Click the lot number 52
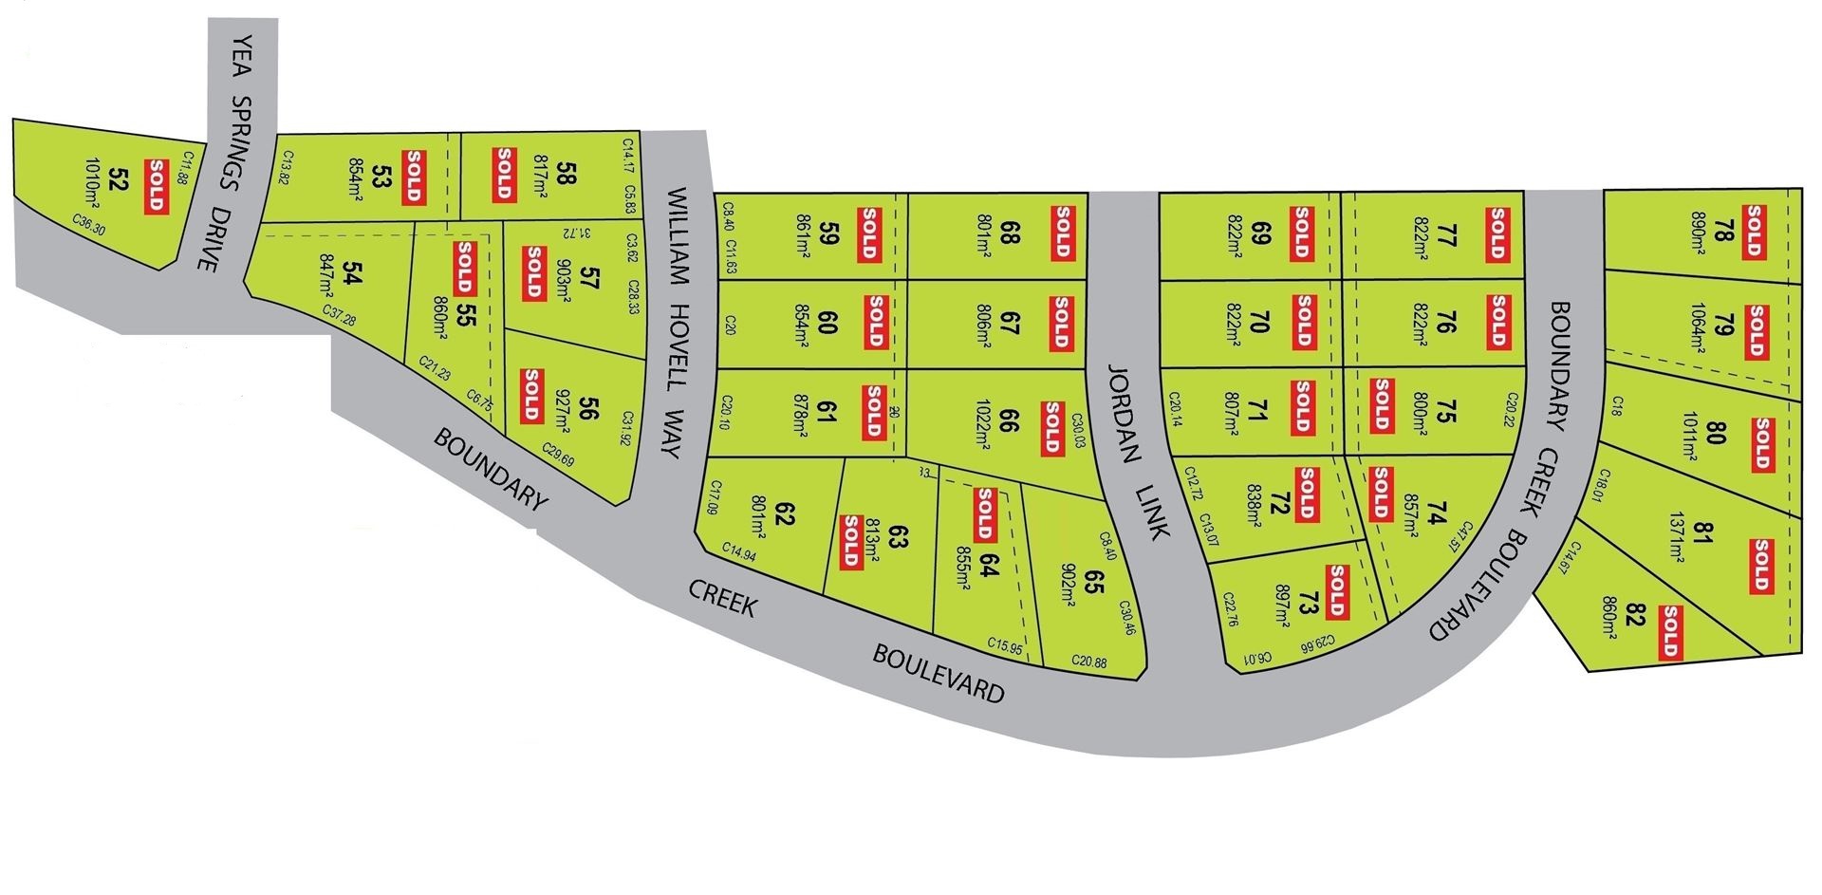[119, 179]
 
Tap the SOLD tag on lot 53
[413, 176]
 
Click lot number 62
[785, 514]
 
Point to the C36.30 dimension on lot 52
[88, 224]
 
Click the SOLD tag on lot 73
[1336, 591]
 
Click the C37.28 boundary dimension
[339, 316]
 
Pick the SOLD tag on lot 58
[503, 175]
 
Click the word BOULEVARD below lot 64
[938, 673]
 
